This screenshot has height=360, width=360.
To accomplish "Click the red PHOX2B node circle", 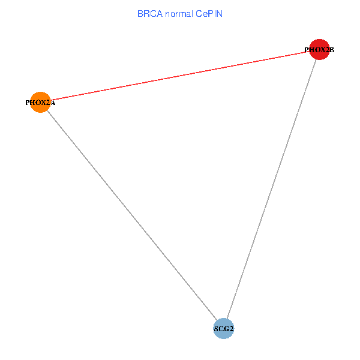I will [319, 49].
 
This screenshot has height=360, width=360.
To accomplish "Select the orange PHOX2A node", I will [40, 102].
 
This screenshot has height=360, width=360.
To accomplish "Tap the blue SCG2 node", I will [223, 328].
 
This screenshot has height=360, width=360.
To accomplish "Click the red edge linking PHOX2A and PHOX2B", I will [179, 76].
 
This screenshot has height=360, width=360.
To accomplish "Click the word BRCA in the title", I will [149, 13].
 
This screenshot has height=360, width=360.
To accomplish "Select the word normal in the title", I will [179, 13].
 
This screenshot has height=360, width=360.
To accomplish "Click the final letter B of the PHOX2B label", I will [331, 50].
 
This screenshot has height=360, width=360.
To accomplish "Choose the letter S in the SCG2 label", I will [216, 329].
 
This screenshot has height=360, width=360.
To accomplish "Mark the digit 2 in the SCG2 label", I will [231, 329].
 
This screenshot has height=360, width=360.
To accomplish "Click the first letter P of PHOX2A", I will [27, 103].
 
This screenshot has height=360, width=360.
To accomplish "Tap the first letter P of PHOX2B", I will [307, 50].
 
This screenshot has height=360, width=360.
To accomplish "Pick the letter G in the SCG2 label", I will [226, 329].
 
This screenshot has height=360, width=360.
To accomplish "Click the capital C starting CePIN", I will [197, 13].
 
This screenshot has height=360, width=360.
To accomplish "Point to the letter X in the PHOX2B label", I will [322, 50].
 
